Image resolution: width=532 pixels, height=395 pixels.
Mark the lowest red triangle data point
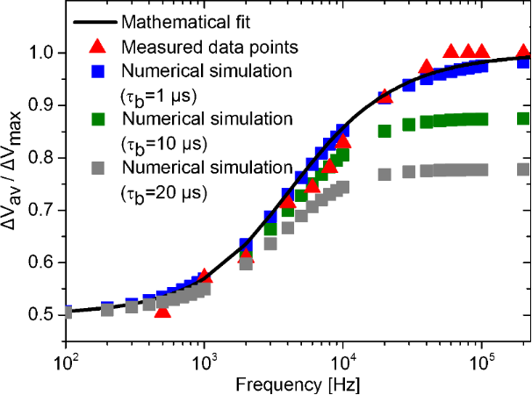[162, 310]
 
